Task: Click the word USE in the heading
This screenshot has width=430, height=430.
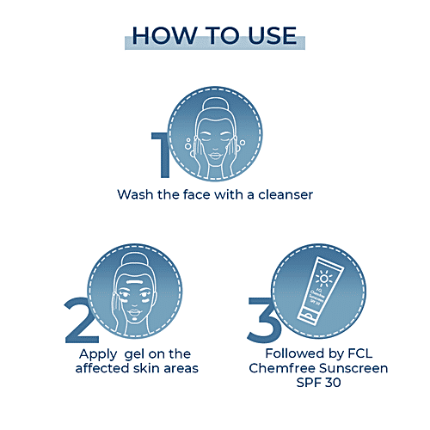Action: click(x=273, y=35)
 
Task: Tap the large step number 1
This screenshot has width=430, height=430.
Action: click(x=163, y=155)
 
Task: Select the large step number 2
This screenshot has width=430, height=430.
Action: click(x=82, y=320)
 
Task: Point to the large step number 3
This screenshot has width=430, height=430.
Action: click(x=264, y=320)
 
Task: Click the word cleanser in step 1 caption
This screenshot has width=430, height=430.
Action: click(x=286, y=194)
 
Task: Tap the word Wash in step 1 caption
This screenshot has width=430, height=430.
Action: click(x=135, y=194)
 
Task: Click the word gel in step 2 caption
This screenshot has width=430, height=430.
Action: click(x=135, y=355)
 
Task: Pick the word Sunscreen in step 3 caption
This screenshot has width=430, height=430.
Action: click(x=353, y=368)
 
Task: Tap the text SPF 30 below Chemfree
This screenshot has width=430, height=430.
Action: click(x=318, y=383)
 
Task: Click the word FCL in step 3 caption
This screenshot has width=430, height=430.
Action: click(x=360, y=353)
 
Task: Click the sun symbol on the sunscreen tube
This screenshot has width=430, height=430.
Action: click(x=324, y=279)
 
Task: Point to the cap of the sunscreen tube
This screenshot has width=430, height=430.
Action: click(x=307, y=316)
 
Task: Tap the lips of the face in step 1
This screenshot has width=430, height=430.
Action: click(x=215, y=156)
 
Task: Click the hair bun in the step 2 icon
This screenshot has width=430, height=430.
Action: click(x=134, y=261)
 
